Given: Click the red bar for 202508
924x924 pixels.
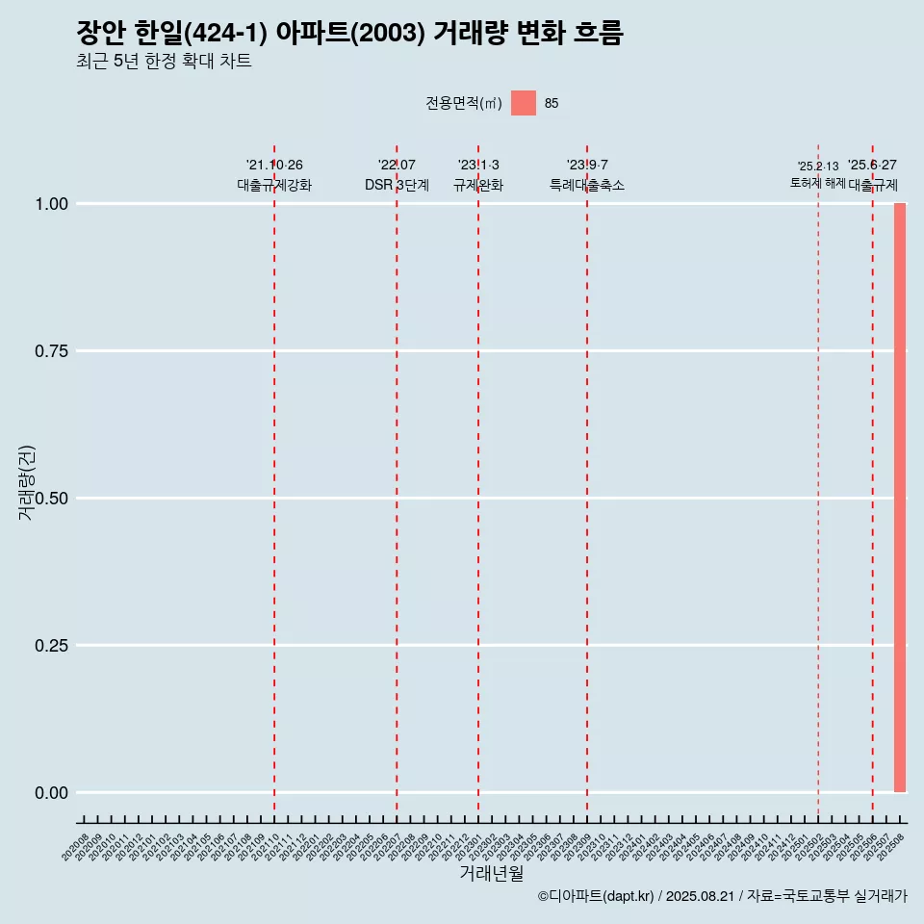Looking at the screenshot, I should pyautogui.click(x=900, y=498).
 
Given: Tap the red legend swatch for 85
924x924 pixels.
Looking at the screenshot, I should pyautogui.click(x=523, y=103).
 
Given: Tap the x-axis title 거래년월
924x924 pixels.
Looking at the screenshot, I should pyautogui.click(x=492, y=874).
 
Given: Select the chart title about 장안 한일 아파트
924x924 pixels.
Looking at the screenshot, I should pyautogui.click(x=349, y=34).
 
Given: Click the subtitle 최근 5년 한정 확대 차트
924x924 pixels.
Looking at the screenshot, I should pyautogui.click(x=164, y=62).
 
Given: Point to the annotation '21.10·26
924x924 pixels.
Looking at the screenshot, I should pyautogui.click(x=274, y=166).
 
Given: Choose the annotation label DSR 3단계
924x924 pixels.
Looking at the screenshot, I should pyautogui.click(x=397, y=185).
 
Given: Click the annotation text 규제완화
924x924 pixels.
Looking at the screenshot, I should pyautogui.click(x=478, y=185).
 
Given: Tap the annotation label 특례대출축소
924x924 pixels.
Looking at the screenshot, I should pyautogui.click(x=587, y=185).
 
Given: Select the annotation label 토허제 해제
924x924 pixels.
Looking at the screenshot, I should pyautogui.click(x=818, y=182).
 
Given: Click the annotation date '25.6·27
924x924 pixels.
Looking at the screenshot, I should pyautogui.click(x=872, y=166).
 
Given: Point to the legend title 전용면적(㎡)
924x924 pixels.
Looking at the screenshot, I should pyautogui.click(x=464, y=104).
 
